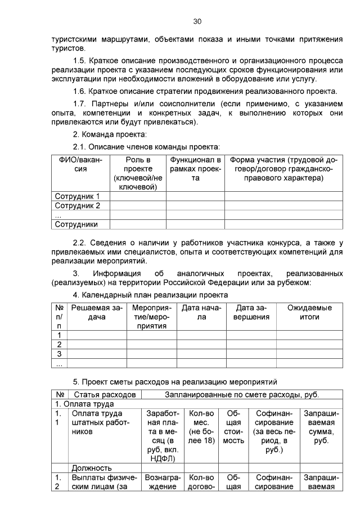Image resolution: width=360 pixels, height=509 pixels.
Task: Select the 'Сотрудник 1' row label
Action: [x=77, y=196]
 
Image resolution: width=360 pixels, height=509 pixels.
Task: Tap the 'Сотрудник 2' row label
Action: [x=77, y=206]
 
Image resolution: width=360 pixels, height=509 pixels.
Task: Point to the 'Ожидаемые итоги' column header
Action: [x=309, y=313]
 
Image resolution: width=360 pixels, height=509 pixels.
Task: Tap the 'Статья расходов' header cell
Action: [x=105, y=394]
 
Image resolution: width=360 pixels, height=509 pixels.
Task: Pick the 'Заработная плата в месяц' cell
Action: [x=163, y=436]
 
